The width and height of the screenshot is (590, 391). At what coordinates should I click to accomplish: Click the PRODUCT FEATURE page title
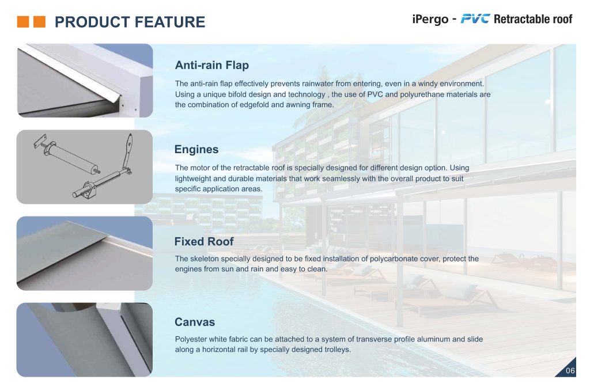(130, 22)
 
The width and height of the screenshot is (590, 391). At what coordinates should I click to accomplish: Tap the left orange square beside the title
(22, 22)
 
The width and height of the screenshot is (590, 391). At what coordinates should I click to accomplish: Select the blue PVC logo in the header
(475, 19)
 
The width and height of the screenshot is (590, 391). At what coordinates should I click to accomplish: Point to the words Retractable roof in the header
(533, 20)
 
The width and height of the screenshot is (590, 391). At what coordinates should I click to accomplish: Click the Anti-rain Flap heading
(211, 64)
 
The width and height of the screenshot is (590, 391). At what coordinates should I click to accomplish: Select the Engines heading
(196, 150)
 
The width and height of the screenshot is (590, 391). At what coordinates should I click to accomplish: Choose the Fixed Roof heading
(204, 241)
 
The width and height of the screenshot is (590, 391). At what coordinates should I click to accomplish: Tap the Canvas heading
(195, 322)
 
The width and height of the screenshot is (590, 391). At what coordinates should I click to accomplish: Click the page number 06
(570, 371)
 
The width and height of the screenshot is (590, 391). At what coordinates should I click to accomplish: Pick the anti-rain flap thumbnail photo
(84, 81)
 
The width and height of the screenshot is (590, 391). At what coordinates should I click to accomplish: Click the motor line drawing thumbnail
(84, 166)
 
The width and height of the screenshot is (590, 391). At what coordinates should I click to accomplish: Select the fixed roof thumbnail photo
(84, 253)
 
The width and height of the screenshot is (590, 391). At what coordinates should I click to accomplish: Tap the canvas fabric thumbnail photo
(84, 340)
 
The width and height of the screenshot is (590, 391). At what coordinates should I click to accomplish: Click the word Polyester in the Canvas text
(191, 339)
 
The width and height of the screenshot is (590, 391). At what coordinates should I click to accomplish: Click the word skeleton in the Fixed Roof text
(205, 259)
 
